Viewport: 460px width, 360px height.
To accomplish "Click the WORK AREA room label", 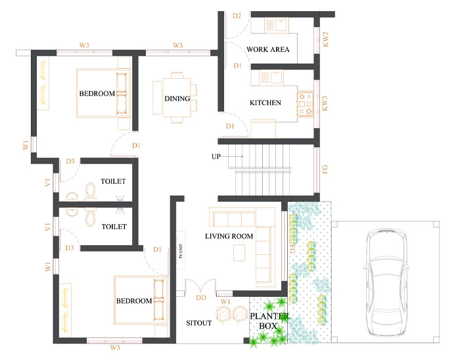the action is pyautogui.click(x=268, y=49).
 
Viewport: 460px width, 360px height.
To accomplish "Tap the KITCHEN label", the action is pyautogui.click(x=265, y=102).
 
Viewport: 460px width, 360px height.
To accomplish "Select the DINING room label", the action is pyautogui.click(x=177, y=99).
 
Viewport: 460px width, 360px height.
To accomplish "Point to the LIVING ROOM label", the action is pyautogui.click(x=229, y=236).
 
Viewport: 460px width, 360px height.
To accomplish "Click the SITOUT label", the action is pyautogui.click(x=198, y=323).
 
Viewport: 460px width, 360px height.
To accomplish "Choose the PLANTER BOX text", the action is pyautogui.click(x=269, y=321).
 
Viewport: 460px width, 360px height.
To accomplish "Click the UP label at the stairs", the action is pyautogui.click(x=216, y=156).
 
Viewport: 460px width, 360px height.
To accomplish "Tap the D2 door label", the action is pyautogui.click(x=237, y=16).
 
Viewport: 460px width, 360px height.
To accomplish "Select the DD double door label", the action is pyautogui.click(x=201, y=298).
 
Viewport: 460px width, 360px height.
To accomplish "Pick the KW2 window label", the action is pyautogui.click(x=325, y=39).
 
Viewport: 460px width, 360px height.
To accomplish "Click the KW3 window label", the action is pyautogui.click(x=324, y=104).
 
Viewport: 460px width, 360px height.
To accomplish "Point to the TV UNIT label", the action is pyautogui.click(x=181, y=251).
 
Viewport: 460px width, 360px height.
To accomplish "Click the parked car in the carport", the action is pyautogui.click(x=386, y=282).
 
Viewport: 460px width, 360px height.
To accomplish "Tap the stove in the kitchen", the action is pyautogui.click(x=305, y=104).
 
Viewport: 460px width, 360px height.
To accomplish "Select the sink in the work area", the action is pyautogui.click(x=281, y=24).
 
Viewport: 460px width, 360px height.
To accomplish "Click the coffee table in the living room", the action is pyautogui.click(x=239, y=253).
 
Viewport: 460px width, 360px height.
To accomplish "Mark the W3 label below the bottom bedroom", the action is pyautogui.click(x=115, y=348).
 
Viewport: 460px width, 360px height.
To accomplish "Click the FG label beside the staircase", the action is pyautogui.click(x=325, y=169).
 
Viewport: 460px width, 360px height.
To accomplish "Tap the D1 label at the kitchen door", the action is pyautogui.click(x=230, y=126).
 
